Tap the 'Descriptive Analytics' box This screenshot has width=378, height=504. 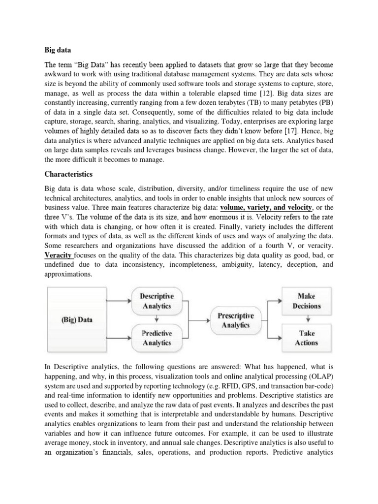click(156, 301)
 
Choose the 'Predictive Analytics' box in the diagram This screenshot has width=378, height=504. click(156, 338)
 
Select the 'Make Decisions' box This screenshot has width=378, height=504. click(306, 301)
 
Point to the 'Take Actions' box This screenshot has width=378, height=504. click(306, 338)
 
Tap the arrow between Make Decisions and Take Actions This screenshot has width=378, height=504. click(306, 319)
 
